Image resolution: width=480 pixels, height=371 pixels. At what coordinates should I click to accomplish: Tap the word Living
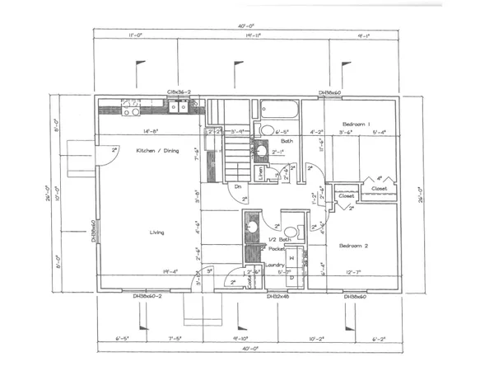point(156,232)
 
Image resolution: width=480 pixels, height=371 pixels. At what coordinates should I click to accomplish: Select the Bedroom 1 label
point(356,124)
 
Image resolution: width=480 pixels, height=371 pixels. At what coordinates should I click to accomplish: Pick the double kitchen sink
point(177,106)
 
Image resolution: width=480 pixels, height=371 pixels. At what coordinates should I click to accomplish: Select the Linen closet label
point(261,172)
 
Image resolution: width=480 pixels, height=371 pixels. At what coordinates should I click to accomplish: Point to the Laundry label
point(276,264)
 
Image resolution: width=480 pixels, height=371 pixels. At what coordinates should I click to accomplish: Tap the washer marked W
point(291,257)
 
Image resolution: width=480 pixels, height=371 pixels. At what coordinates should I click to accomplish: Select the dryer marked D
point(291,279)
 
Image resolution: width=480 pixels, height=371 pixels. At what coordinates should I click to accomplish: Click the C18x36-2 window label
point(179,92)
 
